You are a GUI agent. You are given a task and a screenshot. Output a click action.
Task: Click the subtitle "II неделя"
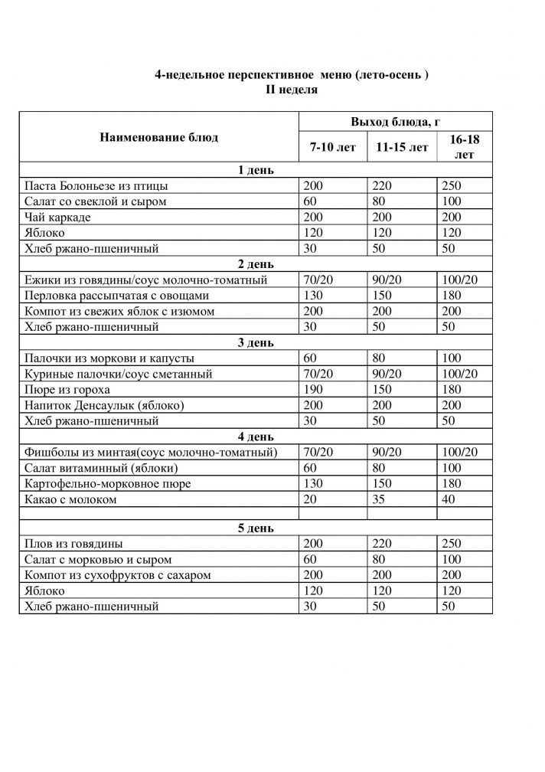click(286, 90)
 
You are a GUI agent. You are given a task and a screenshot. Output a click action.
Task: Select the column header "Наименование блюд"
click(158, 138)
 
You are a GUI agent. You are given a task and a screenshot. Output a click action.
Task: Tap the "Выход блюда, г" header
click(394, 123)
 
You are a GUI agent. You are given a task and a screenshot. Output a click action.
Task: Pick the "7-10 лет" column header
click(332, 147)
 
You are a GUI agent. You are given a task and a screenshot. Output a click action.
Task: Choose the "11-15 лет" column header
click(402, 147)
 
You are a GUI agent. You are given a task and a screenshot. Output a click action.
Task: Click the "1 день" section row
click(256, 170)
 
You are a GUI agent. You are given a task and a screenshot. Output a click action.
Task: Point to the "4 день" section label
click(256, 437)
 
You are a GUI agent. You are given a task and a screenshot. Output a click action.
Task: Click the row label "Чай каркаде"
click(58, 218)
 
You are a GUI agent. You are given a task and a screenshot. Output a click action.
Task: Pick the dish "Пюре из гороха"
click(67, 390)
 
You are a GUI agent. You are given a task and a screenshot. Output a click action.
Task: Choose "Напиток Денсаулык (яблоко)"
click(105, 405)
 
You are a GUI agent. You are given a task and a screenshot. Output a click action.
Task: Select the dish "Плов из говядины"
click(73, 544)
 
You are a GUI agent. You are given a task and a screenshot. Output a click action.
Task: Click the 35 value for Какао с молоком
click(380, 499)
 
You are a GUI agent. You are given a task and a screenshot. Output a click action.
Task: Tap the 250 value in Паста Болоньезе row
click(452, 186)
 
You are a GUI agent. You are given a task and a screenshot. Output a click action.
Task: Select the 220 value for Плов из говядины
click(383, 544)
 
